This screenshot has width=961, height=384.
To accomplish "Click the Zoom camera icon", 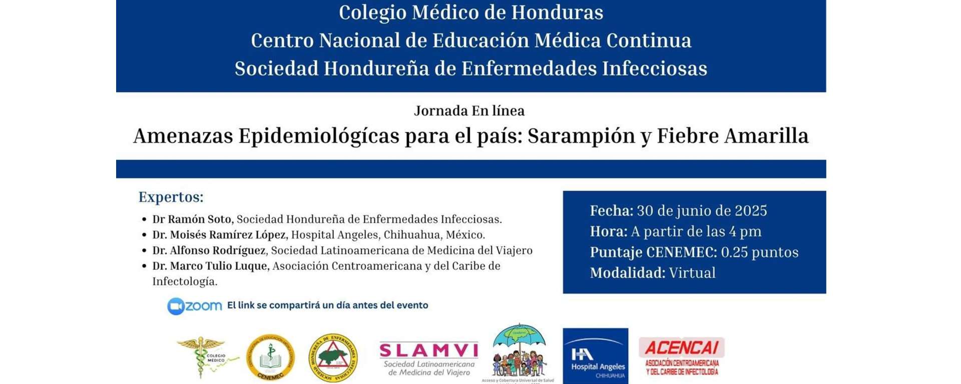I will point(176,306).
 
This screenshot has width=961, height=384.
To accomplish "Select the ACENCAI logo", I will point(681,356).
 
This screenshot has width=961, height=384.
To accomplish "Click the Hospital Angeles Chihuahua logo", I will point(595,356).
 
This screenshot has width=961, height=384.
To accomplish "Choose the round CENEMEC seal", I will point(270,357).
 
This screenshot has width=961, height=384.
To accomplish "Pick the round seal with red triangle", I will point(333,357).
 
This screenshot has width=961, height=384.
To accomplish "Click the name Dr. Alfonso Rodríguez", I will point(209,250).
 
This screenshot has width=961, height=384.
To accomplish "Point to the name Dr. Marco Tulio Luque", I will point(211,265).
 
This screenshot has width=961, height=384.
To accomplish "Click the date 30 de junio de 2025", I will point(702,210).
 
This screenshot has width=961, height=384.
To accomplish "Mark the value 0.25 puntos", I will point(759,252).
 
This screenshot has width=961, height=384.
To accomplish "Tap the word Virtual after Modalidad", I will point(692,272).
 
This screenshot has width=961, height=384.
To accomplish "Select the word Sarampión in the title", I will point(581,135).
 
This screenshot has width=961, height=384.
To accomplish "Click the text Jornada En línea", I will point(469,110).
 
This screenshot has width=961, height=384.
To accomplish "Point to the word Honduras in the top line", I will point(565,12).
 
